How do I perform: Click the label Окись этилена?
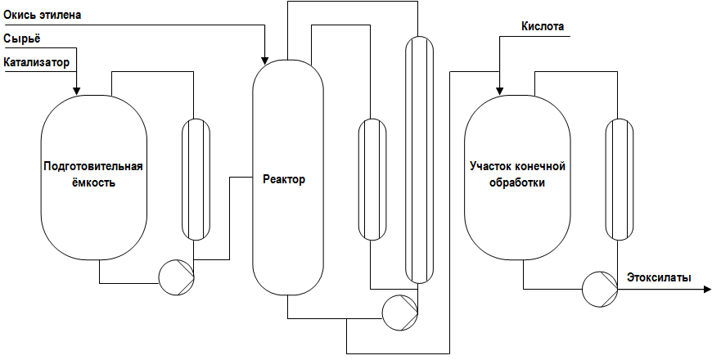coord(43,15)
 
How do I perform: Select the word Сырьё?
coord(22,39)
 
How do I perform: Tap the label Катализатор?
coord(37,62)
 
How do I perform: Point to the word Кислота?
coord(543,27)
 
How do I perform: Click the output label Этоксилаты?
coord(659,277)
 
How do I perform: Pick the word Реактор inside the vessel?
coord(284,179)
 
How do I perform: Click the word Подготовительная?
coord(93,166)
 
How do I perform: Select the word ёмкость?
coord(93,183)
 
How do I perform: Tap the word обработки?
coord(518,183)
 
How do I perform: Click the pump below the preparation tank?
coord(176,277)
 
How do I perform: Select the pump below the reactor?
coord(400,313)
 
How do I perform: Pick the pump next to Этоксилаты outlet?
coord(600,289)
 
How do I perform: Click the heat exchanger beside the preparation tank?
coord(196,179)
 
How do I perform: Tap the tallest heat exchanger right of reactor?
coord(419,160)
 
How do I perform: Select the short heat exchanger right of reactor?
coord(373,179)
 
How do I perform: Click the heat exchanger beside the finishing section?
coord(620,179)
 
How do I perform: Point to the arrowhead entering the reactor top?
coord(265,61)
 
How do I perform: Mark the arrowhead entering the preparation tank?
coord(76,92)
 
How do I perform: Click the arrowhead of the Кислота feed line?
coord(499,92)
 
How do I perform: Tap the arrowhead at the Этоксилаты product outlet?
coord(707,289)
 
